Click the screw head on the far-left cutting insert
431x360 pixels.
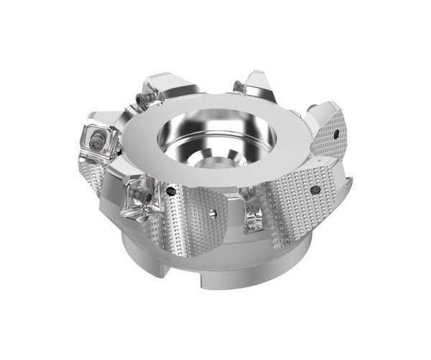(x=96, y=141)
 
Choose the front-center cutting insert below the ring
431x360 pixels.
(x=251, y=212)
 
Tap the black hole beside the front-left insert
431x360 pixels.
(x=170, y=192)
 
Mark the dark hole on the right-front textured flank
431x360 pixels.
(x=315, y=190)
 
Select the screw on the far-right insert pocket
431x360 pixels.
(x=310, y=109)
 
